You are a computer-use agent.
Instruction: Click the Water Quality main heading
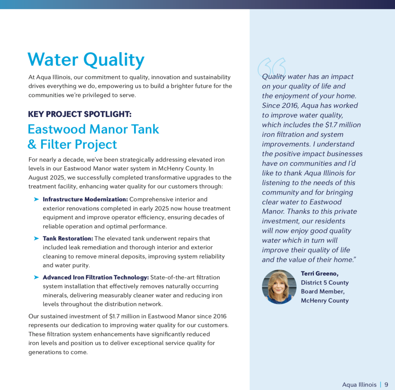click(x=86, y=60)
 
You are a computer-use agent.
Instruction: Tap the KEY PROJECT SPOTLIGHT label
click(x=80, y=115)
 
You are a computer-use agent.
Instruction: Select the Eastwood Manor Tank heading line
click(x=93, y=129)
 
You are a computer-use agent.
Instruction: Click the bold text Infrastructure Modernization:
click(x=85, y=199)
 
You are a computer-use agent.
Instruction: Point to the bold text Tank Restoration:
click(x=68, y=239)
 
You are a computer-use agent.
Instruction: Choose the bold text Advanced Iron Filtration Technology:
click(x=96, y=278)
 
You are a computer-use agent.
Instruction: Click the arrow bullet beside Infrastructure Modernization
click(x=36, y=199)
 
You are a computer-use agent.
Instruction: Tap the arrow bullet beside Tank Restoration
click(x=36, y=239)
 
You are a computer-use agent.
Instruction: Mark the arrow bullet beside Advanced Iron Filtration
click(x=36, y=278)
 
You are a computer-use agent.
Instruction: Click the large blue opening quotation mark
click(x=271, y=67)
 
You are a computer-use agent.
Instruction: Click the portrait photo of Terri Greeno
click(x=279, y=287)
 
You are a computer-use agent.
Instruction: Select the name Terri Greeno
click(x=320, y=274)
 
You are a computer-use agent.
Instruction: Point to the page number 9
click(x=386, y=385)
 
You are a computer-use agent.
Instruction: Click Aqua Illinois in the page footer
click(x=359, y=385)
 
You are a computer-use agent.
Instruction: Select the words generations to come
click(x=58, y=352)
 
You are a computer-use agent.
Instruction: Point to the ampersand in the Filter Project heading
click(x=32, y=145)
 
